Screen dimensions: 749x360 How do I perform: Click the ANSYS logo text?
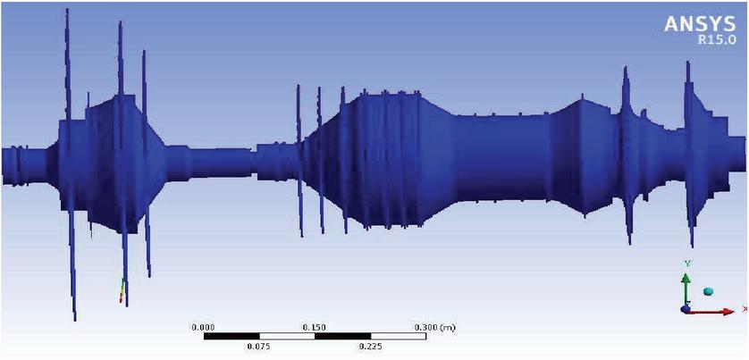(701, 24)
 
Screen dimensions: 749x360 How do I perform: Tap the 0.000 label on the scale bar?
(203, 328)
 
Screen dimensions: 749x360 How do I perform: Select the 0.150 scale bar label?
(315, 328)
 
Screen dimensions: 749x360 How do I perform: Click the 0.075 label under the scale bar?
(258, 347)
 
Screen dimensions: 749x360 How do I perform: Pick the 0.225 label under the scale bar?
(370, 347)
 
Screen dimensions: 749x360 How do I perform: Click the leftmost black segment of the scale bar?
(231, 337)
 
